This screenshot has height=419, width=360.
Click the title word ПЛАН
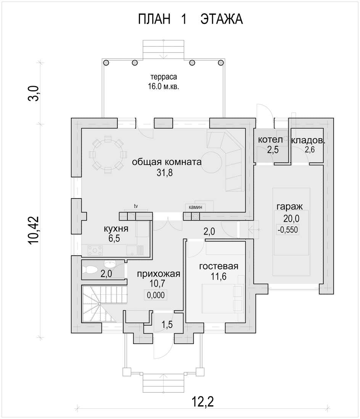point(154,19)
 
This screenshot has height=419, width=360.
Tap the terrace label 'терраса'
point(164,77)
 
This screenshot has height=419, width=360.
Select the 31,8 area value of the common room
point(165,173)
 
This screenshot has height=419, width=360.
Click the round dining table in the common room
point(108,154)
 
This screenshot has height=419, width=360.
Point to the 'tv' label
point(136,206)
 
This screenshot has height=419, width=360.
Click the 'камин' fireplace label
point(195,207)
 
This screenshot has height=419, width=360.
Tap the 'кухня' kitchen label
point(116,229)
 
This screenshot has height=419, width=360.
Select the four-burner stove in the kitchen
point(95,251)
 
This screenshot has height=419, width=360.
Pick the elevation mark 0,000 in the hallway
point(156,295)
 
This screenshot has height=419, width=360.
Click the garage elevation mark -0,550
point(288,230)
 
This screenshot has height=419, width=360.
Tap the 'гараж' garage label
point(290,207)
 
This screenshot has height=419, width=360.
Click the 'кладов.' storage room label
point(308,141)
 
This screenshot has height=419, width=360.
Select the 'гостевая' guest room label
point(219,266)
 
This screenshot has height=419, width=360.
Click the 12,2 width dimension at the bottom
point(203,401)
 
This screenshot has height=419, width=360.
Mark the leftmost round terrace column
point(106,62)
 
